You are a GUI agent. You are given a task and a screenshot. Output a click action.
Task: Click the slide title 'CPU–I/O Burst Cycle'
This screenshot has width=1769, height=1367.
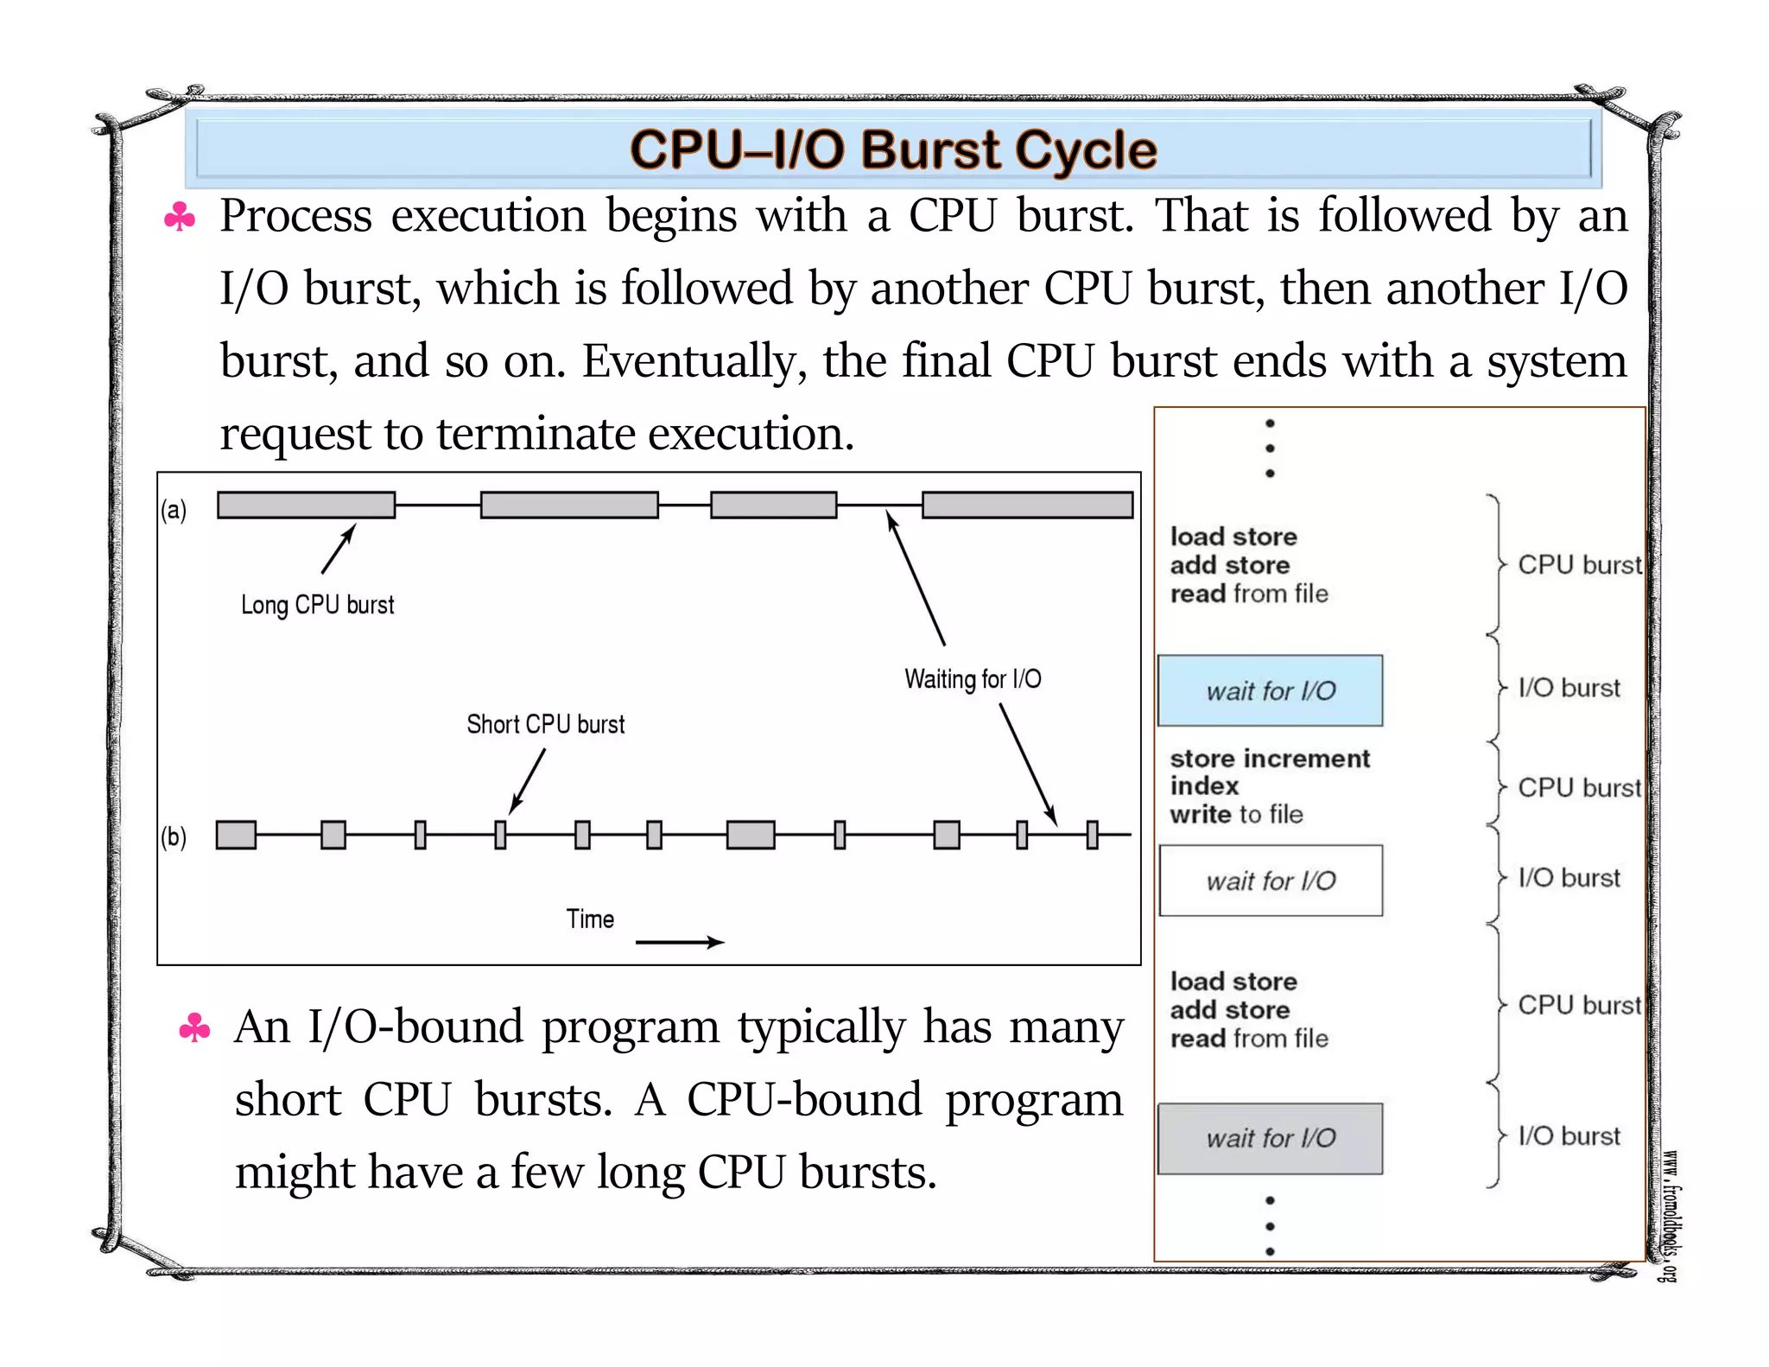tap(892, 149)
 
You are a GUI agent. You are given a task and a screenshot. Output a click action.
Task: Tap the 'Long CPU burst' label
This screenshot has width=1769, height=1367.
tap(317, 605)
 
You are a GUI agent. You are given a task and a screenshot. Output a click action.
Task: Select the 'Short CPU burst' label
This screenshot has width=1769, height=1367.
tap(545, 724)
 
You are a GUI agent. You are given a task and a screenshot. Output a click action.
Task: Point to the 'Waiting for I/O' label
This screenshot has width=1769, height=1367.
tap(973, 679)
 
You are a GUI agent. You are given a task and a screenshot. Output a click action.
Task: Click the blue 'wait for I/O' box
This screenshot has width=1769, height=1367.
tap(1270, 690)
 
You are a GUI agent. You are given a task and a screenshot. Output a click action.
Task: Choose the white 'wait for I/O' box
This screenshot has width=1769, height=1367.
tap(1270, 881)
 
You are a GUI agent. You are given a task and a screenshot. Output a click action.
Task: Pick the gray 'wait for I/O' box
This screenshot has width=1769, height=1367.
tap(1270, 1138)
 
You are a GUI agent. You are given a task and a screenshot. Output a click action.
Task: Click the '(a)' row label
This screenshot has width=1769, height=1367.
tap(174, 510)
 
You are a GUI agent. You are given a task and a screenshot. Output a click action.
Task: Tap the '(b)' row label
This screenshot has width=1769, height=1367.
tap(174, 836)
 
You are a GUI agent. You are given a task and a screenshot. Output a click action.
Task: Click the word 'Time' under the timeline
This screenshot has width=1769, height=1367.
tap(590, 919)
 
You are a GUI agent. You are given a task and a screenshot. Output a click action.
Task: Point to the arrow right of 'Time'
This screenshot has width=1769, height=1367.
tap(679, 942)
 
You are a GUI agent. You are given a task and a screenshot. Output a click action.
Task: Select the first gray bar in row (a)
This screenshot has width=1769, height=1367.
tap(306, 505)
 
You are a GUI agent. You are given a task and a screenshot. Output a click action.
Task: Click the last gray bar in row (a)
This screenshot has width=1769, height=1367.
tap(1027, 505)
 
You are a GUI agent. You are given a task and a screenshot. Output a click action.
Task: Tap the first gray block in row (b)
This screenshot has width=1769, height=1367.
tap(236, 835)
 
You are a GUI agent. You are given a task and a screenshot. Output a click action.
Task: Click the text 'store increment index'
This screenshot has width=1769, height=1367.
tap(1268, 772)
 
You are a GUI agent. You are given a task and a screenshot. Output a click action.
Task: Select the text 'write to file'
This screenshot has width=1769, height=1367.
tap(1236, 815)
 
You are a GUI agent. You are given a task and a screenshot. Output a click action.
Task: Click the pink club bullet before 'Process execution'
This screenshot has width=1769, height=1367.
tap(180, 217)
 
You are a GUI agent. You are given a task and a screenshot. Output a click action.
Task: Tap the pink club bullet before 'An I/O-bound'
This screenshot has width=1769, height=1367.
tap(194, 1028)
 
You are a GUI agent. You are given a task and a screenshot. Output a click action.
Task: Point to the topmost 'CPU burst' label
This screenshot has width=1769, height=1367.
tap(1579, 565)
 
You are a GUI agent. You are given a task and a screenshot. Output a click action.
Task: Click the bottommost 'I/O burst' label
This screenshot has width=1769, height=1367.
tap(1569, 1136)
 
